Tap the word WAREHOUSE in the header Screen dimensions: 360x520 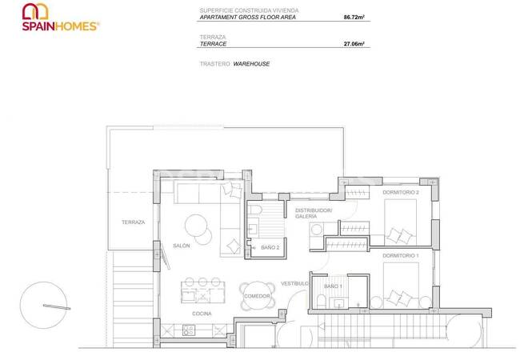coord(252,62)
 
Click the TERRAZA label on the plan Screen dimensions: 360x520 coord(133,222)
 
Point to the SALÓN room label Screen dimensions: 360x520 coord(182,246)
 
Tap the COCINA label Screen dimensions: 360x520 coord(202,313)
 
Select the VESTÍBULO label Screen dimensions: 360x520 coord(294,284)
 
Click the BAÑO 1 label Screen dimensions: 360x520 coord(332,286)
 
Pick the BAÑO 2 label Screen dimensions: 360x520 coord(270,248)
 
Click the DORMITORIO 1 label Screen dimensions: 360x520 coord(401,255)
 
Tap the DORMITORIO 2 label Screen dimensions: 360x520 coord(401,193)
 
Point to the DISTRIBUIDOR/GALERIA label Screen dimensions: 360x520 coord(313,213)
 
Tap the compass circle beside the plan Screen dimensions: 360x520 coord(46,306)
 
